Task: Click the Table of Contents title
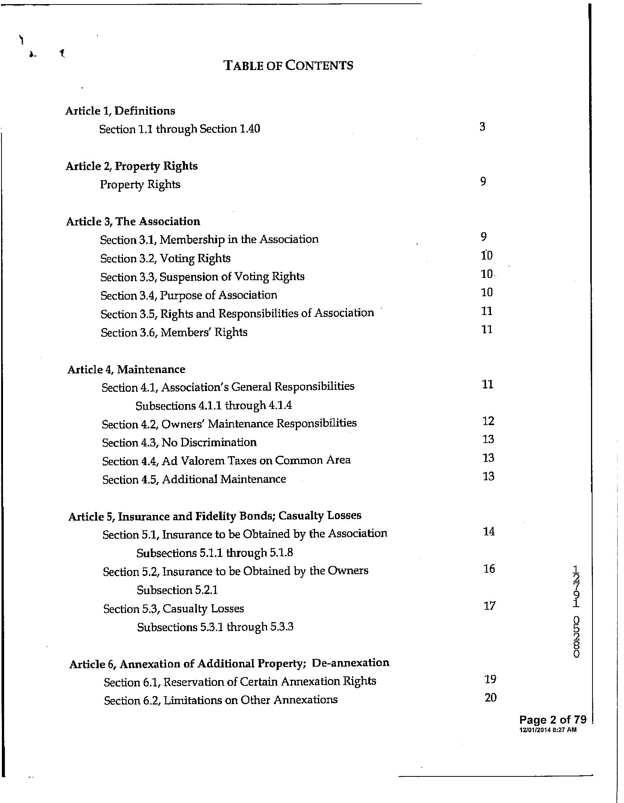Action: point(288,66)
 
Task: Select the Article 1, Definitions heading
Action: point(120,111)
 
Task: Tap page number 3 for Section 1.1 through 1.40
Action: point(482,127)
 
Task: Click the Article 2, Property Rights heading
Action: point(132,166)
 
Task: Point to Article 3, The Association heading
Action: point(133,221)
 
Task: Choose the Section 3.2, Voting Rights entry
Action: point(165,258)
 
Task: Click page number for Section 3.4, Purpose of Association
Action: point(487,292)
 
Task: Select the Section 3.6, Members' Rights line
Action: point(174,332)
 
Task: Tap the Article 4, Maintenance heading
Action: point(126,369)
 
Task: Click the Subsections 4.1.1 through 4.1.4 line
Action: point(213,405)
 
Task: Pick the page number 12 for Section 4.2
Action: point(488,421)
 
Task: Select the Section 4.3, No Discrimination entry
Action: point(179,442)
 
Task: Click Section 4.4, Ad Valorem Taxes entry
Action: point(226,460)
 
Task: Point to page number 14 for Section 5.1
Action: point(489,531)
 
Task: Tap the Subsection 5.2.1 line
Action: point(177,590)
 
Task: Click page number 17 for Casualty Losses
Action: point(489,606)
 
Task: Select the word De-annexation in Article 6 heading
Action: point(351,663)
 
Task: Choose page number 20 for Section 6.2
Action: point(490,697)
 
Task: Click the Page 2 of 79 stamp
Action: point(552,719)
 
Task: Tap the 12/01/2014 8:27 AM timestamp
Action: point(548,730)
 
